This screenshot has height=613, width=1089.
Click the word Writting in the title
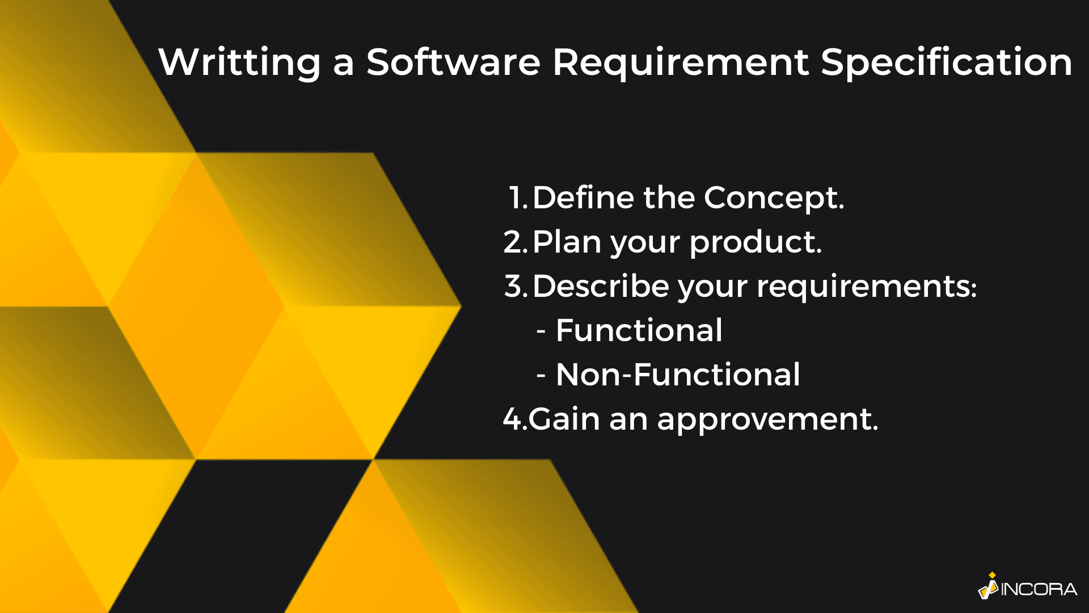(x=239, y=62)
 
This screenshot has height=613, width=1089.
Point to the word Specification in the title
(x=946, y=62)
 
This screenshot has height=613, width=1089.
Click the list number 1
(x=518, y=198)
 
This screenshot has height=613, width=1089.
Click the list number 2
(x=516, y=242)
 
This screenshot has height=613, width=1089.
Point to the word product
(x=755, y=243)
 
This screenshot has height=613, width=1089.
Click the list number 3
(x=516, y=286)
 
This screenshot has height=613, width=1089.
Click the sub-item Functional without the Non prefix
(x=639, y=330)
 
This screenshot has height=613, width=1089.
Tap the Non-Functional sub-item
(x=678, y=375)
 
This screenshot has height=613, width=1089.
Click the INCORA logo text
(x=1039, y=590)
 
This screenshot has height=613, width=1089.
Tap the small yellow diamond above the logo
(x=992, y=576)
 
